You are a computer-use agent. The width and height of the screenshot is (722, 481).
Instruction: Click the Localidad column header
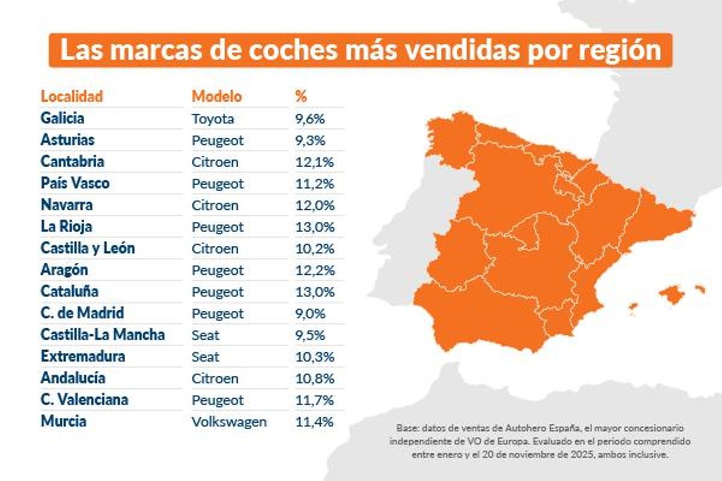[72, 96]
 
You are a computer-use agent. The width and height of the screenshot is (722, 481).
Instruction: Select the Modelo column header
[217, 96]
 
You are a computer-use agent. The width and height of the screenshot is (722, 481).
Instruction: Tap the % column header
[301, 96]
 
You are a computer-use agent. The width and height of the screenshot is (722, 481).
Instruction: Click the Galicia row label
[63, 118]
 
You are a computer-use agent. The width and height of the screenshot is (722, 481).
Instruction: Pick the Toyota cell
[212, 118]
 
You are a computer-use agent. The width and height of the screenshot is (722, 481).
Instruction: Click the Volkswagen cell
[229, 421]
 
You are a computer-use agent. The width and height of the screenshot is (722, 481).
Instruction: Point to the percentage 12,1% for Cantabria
[314, 162]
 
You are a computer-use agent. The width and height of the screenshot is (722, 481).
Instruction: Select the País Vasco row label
[75, 183]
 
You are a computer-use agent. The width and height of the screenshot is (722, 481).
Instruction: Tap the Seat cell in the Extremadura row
[205, 357]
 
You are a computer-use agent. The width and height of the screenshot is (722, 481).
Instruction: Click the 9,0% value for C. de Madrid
[310, 313]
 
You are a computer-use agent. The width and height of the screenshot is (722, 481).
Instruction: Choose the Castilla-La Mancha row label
[102, 335]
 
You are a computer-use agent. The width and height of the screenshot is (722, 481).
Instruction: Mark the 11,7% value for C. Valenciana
[314, 400]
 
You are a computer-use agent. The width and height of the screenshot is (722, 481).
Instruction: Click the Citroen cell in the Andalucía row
[215, 378]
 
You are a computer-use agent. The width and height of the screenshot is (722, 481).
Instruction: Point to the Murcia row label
[63, 421]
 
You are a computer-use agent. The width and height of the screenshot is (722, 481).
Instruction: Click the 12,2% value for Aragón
[314, 270]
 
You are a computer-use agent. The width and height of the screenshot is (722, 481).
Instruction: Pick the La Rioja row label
[66, 227]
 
